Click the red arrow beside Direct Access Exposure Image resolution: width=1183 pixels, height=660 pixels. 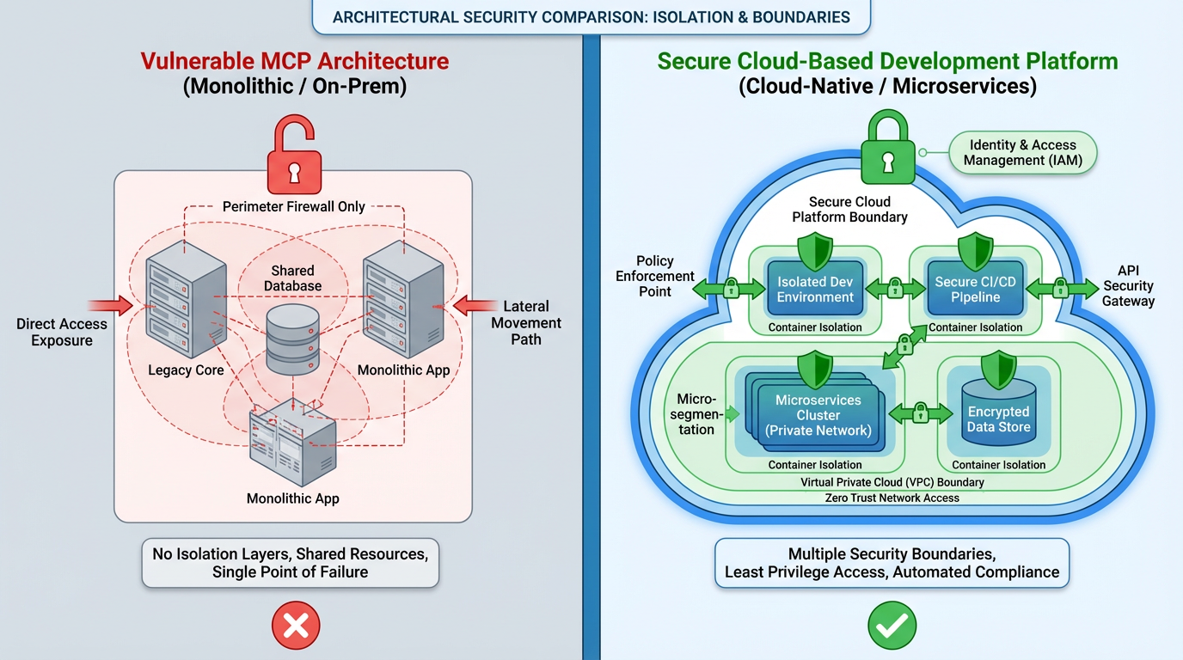pos(110,304)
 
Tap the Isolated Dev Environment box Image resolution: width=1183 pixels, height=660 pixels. pos(815,290)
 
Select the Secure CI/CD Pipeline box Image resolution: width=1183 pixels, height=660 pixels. pos(975,290)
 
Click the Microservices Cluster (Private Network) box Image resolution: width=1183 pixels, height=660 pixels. pos(817,415)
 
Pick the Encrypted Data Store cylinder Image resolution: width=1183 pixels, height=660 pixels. pos(998,419)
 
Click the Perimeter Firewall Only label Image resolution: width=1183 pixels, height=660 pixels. pos(294,206)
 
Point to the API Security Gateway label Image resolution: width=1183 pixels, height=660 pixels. pos(1128,285)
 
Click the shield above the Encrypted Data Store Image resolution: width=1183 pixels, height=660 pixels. pos(998,371)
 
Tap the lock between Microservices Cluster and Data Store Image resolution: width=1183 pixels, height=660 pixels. pos(919,413)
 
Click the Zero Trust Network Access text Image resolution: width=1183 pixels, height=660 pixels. pos(892,498)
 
